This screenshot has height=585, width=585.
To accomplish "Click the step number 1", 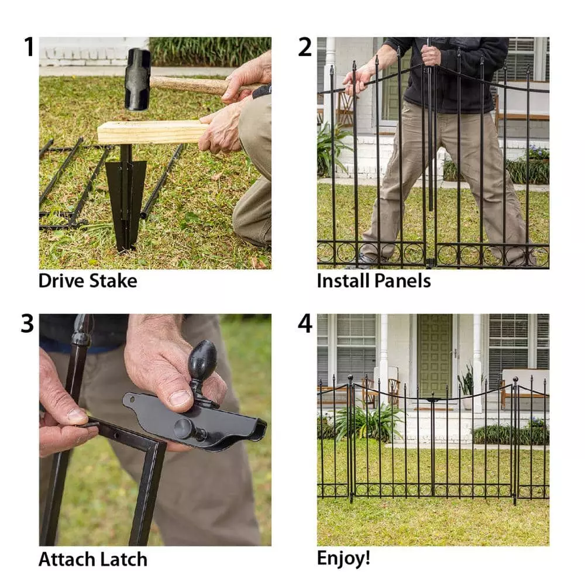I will point(28,47).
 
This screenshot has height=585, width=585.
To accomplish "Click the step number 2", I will point(305,47).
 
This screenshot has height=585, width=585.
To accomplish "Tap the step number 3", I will point(27,324).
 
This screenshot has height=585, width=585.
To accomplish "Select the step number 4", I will point(305,324).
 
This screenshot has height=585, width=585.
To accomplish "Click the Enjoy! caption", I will point(343,558).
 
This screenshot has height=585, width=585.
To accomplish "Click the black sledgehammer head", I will point(137,79).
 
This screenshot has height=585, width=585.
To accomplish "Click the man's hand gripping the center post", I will point(431,55).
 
